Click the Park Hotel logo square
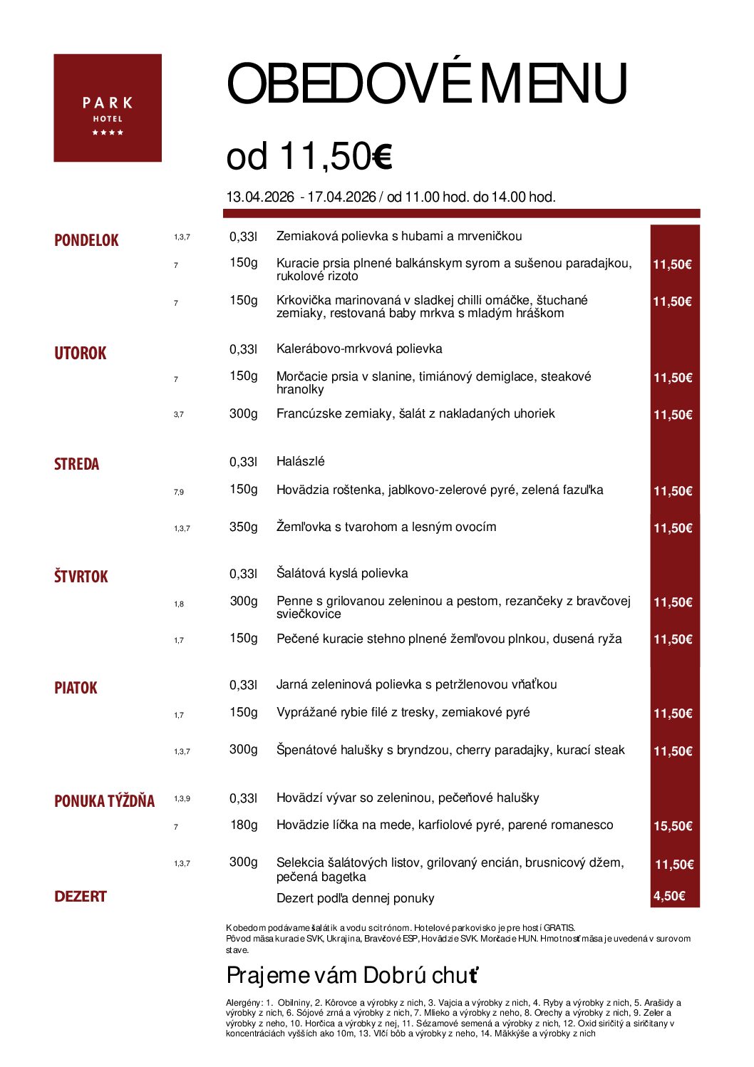click(108, 108)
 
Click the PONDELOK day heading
click(86, 240)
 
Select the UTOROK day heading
click(80, 353)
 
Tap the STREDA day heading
click(76, 464)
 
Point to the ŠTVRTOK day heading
click(81, 576)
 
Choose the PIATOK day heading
click(76, 688)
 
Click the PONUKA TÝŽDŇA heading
click(104, 801)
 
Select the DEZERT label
click(80, 897)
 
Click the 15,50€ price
click(673, 826)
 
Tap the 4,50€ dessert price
click(669, 896)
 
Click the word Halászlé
click(300, 461)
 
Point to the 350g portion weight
click(243, 527)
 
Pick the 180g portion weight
click(244, 825)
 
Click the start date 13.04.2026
click(259, 197)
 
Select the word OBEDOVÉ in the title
click(348, 84)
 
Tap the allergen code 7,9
click(178, 492)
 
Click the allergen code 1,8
click(178, 604)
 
